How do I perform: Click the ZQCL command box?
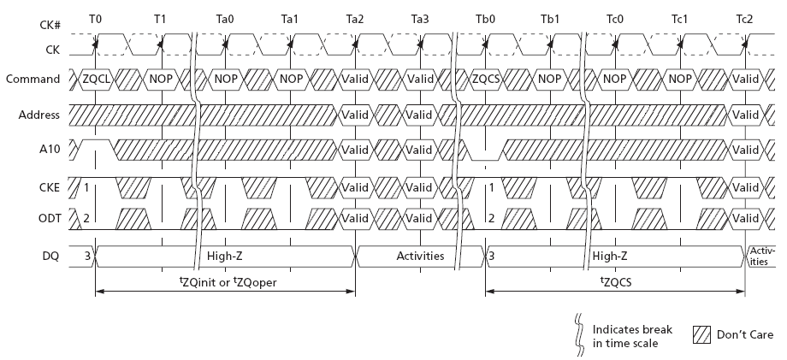(96, 80)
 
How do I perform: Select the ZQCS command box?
(485, 80)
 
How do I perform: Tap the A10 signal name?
(50, 150)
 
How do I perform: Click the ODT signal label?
(49, 218)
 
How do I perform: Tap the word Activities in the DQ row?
(419, 255)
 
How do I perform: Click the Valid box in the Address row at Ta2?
(355, 115)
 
